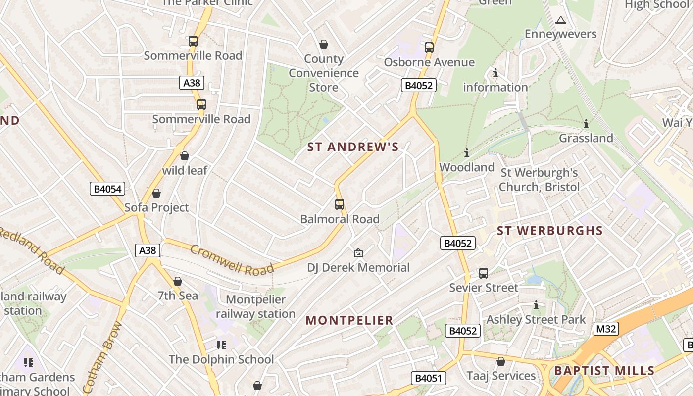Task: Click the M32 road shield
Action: (x=606, y=329)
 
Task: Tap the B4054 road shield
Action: (x=107, y=189)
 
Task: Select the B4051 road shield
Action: (x=428, y=378)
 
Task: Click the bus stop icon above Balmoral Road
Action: (x=340, y=204)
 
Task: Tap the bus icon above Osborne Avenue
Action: (x=429, y=48)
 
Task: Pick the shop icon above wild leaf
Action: (x=185, y=156)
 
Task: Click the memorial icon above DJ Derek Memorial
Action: (x=358, y=253)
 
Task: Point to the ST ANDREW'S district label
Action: (x=353, y=147)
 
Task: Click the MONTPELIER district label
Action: (x=349, y=320)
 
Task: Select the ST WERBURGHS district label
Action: (x=550, y=231)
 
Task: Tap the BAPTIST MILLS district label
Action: (x=604, y=370)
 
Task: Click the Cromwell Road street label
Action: (x=232, y=259)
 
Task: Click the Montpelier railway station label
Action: (x=255, y=306)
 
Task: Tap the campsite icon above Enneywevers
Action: (x=560, y=20)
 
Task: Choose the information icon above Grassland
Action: (x=586, y=123)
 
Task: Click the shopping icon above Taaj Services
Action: (x=501, y=361)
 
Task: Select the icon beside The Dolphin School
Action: (x=221, y=345)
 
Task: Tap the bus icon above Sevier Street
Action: (x=484, y=273)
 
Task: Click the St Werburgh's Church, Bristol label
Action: (x=539, y=180)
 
